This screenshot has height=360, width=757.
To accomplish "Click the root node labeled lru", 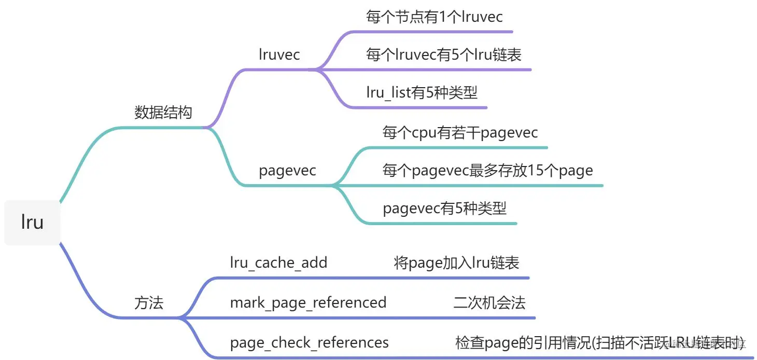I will point(32,222).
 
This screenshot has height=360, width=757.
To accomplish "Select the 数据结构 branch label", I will point(163,113).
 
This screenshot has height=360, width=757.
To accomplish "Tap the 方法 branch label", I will point(149,303).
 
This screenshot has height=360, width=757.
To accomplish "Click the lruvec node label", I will point(279,54).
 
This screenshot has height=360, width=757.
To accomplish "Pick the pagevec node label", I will point(287,171).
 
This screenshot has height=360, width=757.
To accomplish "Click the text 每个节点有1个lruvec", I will point(434,17).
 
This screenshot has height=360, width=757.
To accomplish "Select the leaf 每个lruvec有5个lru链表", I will point(443,54).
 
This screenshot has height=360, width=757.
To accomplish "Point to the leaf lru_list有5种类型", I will point(422,93).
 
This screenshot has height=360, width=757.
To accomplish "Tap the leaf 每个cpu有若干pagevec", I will point(460,132).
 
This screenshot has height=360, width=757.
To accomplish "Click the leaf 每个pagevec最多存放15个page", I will point(487,170).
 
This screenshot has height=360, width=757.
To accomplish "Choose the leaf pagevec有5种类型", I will point(444,209).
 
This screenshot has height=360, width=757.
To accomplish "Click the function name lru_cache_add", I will point(278,262).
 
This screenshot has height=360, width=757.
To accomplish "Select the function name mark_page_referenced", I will point(308,302).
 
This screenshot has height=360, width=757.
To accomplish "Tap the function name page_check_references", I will point(309,342).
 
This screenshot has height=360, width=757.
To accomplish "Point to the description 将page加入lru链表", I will point(456,262).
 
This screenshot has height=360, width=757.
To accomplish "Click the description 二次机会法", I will point(489,302).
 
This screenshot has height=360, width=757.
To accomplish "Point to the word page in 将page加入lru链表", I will point(425,263).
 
